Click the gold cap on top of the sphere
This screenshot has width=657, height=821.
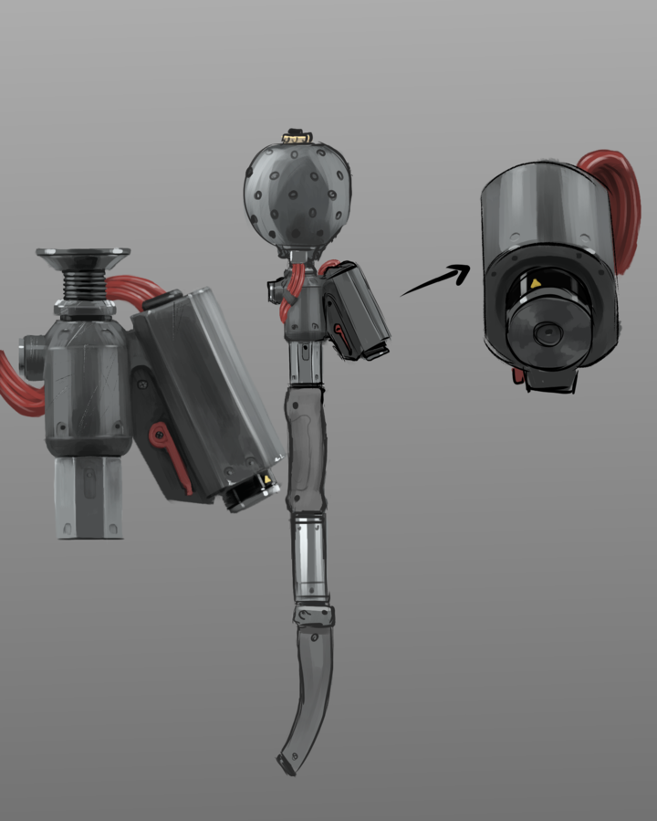295,137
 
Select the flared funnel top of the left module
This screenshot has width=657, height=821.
83,258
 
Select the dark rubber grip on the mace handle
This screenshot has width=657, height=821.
306,447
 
